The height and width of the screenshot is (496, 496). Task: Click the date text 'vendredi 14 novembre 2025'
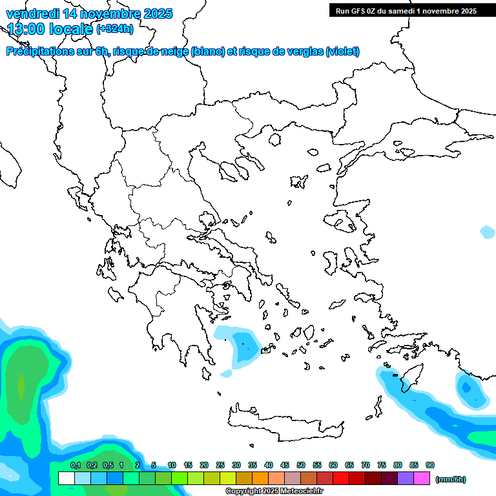[x=89, y=14]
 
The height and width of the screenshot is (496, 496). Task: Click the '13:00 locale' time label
[x=50, y=29]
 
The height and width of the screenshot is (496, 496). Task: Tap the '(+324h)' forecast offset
[x=115, y=29]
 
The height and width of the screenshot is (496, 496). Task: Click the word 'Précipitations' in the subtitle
[x=39, y=52]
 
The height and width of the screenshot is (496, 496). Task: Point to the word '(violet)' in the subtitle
[x=343, y=52]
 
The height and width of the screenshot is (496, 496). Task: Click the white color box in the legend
[x=66, y=479]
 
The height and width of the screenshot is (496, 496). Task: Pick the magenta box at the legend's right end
[x=422, y=479]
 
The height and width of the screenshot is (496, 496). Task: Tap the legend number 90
[x=430, y=465]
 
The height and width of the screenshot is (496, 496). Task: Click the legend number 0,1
[x=75, y=465]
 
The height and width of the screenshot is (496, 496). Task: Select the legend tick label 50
[x=301, y=465]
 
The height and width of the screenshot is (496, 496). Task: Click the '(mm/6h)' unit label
[x=451, y=479]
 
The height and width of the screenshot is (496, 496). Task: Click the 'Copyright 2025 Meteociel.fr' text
[x=274, y=491]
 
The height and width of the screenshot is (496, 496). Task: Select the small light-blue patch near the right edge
[x=488, y=231]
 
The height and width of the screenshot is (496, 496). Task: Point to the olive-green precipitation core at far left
[x=21, y=387]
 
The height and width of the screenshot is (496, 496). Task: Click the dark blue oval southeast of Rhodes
[x=466, y=387]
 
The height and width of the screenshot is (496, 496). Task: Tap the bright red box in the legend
[x=341, y=479]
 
